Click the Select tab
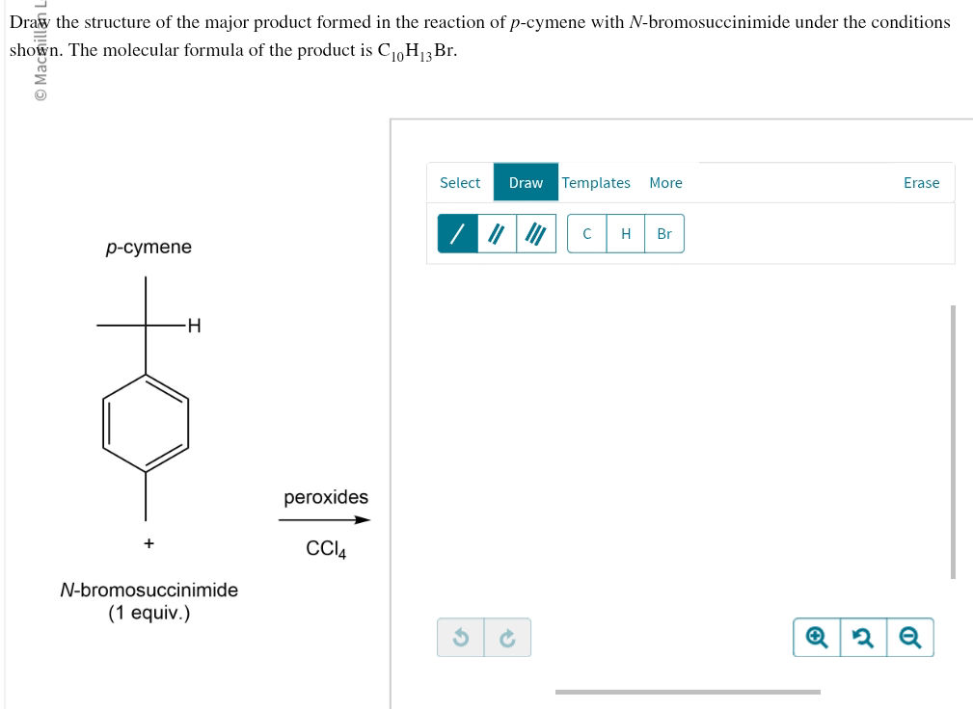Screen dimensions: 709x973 click(x=459, y=183)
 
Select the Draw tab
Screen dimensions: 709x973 click(x=526, y=183)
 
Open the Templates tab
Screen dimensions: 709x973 click(x=596, y=183)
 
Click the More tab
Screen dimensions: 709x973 click(x=665, y=183)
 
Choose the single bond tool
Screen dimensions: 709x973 click(x=457, y=234)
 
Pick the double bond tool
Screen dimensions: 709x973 click(x=497, y=234)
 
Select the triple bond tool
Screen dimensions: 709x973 click(x=536, y=234)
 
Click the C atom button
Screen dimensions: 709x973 click(x=586, y=234)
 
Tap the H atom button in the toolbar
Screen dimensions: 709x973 click(x=626, y=234)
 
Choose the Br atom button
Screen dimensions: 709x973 click(x=664, y=234)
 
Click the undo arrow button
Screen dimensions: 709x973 click(x=461, y=638)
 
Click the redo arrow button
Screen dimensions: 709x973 click(x=507, y=638)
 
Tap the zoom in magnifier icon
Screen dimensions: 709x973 click(x=817, y=638)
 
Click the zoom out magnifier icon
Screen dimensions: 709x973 click(x=909, y=638)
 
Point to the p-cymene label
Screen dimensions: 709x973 click(x=149, y=248)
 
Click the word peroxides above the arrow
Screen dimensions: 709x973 click(x=326, y=497)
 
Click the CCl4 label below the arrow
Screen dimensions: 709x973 click(x=326, y=549)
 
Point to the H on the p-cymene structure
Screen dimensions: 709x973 click(x=194, y=326)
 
